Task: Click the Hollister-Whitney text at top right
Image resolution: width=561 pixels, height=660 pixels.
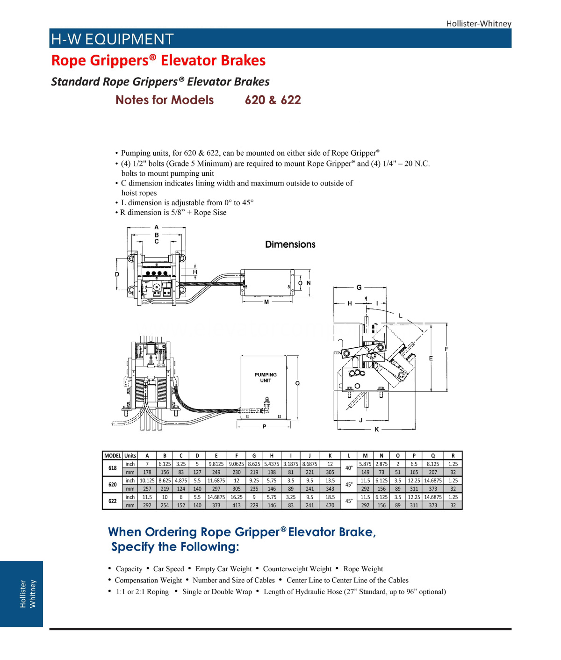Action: [478, 23]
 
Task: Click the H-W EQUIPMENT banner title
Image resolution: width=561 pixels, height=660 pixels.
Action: [112, 39]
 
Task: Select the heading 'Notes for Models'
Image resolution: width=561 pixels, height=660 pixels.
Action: [165, 100]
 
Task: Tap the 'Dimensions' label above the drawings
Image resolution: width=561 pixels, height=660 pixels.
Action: [290, 244]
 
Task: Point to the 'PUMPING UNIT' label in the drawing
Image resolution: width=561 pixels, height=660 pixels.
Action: [266, 378]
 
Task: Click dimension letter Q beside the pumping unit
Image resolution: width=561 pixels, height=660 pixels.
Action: [297, 383]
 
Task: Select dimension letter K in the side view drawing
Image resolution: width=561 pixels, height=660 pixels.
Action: [377, 430]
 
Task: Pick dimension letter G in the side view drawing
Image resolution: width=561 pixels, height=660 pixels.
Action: [359, 287]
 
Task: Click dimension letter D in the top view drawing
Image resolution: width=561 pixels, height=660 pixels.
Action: [117, 274]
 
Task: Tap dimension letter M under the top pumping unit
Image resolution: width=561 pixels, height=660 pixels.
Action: [266, 302]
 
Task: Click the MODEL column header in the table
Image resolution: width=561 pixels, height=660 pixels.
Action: [112, 456]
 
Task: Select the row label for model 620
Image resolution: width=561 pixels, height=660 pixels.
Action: [112, 485]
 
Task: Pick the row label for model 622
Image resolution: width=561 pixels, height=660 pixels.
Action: [112, 501]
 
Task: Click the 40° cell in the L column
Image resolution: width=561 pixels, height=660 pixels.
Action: [349, 468]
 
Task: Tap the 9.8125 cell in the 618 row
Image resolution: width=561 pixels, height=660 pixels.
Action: [216, 464]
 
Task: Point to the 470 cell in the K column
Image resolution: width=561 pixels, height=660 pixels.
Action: [330, 505]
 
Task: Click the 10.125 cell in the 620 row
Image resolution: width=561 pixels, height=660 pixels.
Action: [147, 481]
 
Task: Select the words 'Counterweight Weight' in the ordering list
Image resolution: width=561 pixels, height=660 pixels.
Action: [297, 569]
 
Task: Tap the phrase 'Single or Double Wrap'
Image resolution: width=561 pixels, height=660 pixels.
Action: [217, 592]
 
